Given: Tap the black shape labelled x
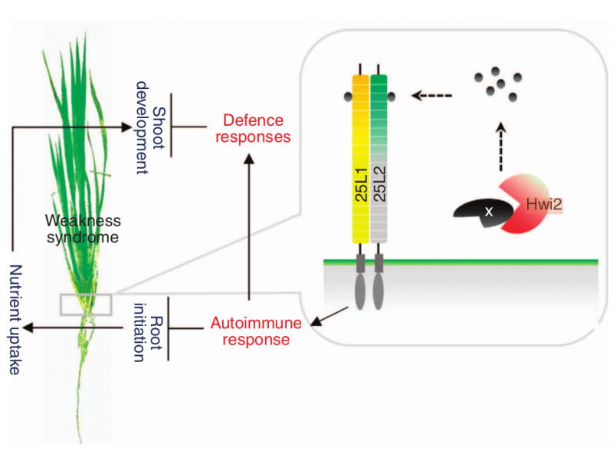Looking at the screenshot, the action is [x=484, y=212].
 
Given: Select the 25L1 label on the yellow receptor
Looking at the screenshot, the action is [x=361, y=185].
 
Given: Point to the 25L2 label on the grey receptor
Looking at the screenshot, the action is [x=379, y=184].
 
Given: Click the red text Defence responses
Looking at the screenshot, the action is [x=253, y=128].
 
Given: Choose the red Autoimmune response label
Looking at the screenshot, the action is [x=256, y=331].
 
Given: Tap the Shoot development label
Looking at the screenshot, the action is [x=150, y=127].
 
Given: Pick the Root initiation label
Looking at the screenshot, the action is [x=148, y=333].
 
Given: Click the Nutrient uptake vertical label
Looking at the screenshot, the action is [x=15, y=320].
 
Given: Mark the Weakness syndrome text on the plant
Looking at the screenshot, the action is [x=83, y=229].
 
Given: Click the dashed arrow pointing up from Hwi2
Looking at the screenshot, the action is [x=501, y=146].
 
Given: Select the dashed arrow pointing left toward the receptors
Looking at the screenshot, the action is [x=431, y=95].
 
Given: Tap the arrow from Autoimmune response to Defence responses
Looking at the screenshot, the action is [x=249, y=227].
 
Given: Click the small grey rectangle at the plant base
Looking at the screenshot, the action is [x=86, y=305].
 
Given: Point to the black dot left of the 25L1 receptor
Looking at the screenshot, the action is [x=348, y=97].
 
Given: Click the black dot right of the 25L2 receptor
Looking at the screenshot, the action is [x=392, y=96].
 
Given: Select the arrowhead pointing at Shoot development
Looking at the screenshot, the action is [x=126, y=127].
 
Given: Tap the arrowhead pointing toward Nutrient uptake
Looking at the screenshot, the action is [x=28, y=328].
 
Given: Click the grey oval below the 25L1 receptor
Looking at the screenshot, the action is [x=360, y=291].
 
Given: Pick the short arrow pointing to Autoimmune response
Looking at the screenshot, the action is [x=329, y=317].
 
